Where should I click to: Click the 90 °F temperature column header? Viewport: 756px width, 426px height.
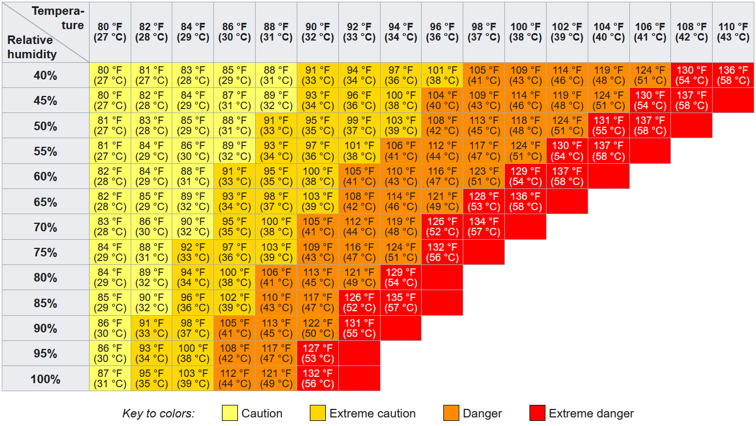318,32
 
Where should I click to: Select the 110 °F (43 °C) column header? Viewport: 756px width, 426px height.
733,32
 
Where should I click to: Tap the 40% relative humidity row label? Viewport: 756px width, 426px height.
45,75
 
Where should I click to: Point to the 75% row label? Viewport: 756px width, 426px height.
45,252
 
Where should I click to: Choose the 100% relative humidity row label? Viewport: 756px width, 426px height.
45,379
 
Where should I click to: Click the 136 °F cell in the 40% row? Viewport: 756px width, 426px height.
733,75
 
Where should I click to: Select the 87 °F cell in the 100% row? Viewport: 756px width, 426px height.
110,379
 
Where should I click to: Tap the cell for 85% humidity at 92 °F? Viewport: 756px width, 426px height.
359,303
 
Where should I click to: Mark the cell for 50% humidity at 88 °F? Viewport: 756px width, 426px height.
276,126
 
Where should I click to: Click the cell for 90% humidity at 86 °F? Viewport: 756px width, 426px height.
235,328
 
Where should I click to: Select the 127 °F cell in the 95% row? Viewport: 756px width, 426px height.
318,353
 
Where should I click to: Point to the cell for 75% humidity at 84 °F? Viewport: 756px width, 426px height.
193,252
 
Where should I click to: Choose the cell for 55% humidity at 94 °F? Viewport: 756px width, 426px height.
401,151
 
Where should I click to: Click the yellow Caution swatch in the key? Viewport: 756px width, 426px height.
230,413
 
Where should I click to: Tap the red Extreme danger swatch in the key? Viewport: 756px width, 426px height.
537,413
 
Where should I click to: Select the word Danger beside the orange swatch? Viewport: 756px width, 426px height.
482,413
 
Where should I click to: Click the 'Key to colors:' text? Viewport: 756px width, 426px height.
159,413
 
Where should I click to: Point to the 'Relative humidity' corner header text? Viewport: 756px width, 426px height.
32,47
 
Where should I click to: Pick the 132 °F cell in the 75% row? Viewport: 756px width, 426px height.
442,252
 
